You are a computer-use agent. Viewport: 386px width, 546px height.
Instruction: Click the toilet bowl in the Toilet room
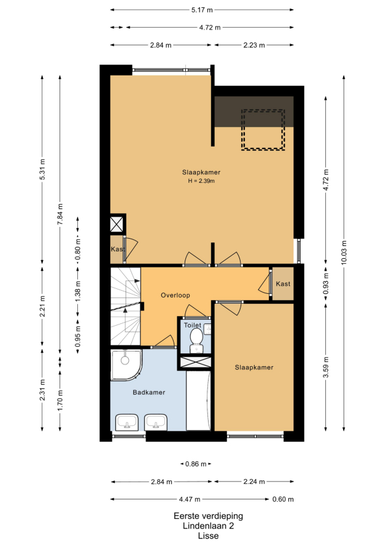(x=196, y=339)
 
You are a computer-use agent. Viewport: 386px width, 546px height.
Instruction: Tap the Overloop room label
(x=176, y=295)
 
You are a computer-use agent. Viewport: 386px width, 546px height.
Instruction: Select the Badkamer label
(x=149, y=393)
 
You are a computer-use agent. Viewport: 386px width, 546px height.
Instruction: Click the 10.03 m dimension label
(x=344, y=253)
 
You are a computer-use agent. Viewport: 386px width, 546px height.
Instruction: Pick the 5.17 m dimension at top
(x=202, y=10)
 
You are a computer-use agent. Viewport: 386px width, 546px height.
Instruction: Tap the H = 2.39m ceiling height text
(x=201, y=181)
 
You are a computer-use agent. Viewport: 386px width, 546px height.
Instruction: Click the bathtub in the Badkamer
(x=198, y=401)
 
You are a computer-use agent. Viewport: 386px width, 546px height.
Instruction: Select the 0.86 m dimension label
(x=196, y=464)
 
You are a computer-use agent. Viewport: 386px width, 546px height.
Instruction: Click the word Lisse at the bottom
(x=208, y=536)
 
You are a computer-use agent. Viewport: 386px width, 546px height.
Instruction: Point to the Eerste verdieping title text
(x=208, y=516)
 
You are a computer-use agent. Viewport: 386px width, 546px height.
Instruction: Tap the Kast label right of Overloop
(x=283, y=284)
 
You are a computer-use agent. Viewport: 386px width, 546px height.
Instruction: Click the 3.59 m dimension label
(x=326, y=367)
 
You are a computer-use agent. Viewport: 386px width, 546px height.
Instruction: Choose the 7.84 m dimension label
(x=60, y=214)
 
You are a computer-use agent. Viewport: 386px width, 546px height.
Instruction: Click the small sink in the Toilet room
(x=207, y=329)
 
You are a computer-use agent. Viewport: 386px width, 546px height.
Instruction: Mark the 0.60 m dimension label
(x=283, y=499)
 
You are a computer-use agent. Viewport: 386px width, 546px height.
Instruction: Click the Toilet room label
(x=193, y=325)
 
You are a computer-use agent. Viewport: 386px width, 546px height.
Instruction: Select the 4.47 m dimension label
(x=190, y=499)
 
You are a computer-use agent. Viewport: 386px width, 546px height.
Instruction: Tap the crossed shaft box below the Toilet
(x=195, y=362)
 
